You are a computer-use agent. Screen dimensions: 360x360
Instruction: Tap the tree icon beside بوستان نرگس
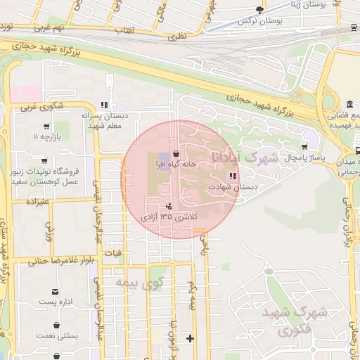point(261,10)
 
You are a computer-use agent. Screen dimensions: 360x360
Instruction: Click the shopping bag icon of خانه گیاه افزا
point(175,153)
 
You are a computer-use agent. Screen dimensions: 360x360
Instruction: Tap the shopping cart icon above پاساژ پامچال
point(304,147)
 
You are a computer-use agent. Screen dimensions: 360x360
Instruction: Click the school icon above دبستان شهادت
point(233,176)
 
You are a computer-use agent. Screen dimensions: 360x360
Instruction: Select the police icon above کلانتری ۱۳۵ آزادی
point(168,207)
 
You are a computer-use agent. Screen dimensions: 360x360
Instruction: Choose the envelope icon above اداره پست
point(54,290)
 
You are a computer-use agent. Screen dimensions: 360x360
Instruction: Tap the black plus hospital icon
point(189,338)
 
